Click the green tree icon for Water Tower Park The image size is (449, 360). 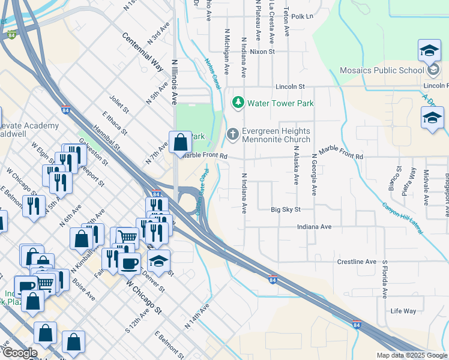pyautogui.click(x=238, y=103)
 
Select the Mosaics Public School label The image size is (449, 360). pyautogui.click(x=382, y=70)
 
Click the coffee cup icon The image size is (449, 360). pyautogui.click(x=129, y=262)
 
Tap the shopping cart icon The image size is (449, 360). pyautogui.click(x=127, y=238)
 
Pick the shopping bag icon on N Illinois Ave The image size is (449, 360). pyautogui.click(x=180, y=142)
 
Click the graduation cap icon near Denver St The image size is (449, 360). pyautogui.click(x=158, y=261)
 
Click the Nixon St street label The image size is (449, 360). pyautogui.click(x=262, y=52)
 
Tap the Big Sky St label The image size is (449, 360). pyautogui.click(x=285, y=210)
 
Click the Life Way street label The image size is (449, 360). pyautogui.click(x=403, y=311)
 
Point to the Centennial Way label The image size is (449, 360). pyautogui.click(x=142, y=53)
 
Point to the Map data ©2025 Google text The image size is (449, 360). pyautogui.click(x=411, y=355)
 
